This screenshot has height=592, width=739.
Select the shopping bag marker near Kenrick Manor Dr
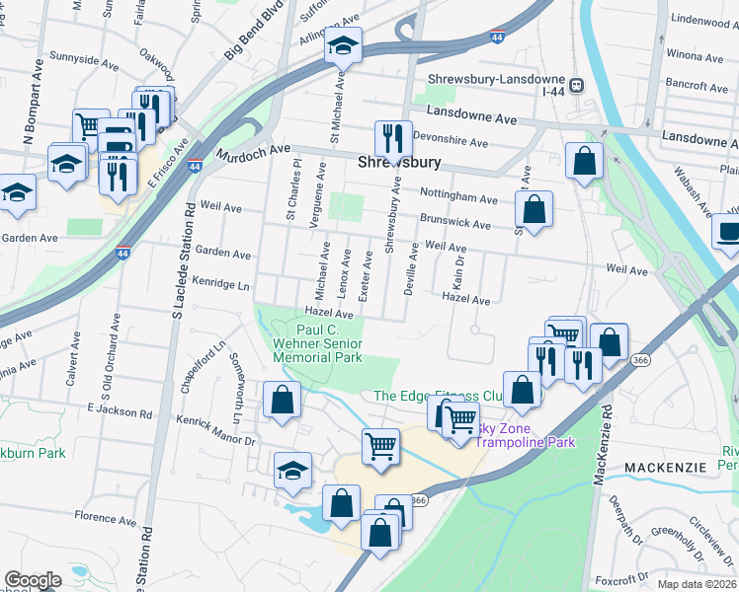283,401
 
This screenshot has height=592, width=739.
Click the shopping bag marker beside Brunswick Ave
534,209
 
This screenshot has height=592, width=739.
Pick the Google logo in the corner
33,580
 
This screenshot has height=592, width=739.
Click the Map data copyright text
698,584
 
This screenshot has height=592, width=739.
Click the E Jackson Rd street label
118,407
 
